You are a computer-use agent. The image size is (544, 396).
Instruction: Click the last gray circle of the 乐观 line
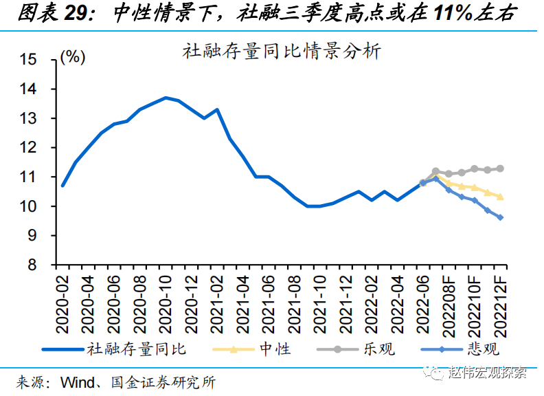click(500, 168)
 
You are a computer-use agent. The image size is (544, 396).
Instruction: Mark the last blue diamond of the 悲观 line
click(500, 217)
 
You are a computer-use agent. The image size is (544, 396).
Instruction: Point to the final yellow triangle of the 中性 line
click(500, 197)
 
